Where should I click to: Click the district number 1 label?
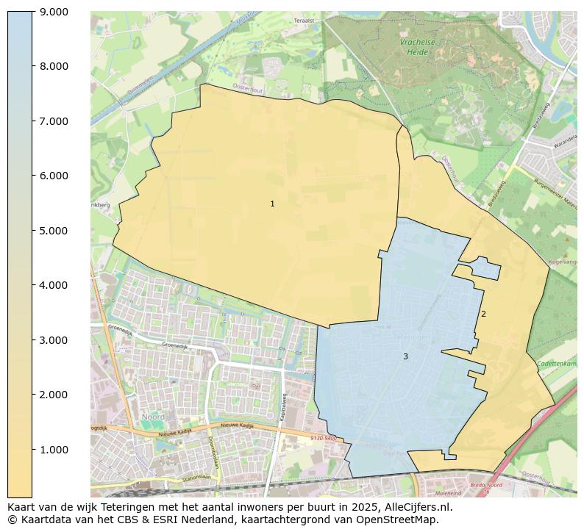point(272,204)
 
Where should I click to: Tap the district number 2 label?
point(483,314)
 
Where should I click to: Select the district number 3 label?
point(405,356)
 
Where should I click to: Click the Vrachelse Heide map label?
point(417,47)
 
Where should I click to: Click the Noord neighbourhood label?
point(153,417)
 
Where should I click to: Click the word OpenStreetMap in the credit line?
point(401,520)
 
